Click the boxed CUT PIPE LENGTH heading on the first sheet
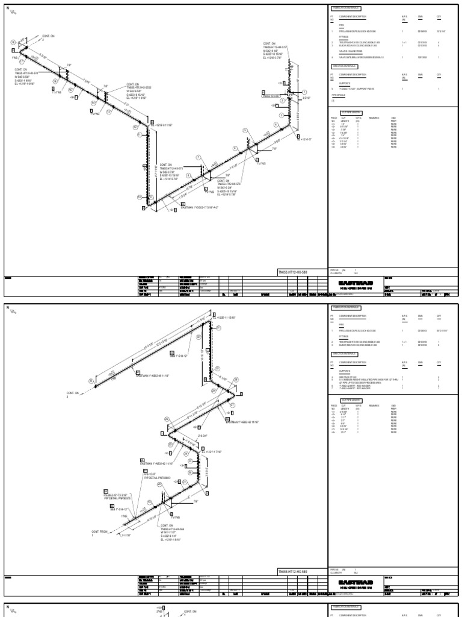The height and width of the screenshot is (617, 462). click(351, 113)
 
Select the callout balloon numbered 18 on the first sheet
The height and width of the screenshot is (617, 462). click(13, 42)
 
